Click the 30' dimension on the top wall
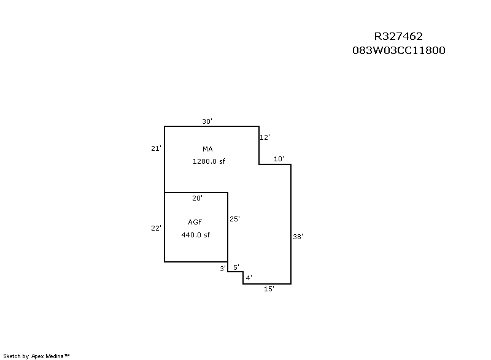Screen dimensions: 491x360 (x=207, y=121)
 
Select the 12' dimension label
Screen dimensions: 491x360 (x=265, y=137)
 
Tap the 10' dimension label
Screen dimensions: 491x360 (x=279, y=159)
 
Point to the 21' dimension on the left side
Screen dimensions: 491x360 (x=156, y=148)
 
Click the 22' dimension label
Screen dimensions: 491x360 (x=156, y=228)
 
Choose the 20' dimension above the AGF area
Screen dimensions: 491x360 (x=197, y=198)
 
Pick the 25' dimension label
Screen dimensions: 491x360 (x=234, y=219)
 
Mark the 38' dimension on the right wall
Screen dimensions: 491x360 (x=298, y=237)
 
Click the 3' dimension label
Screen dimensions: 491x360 (x=223, y=269)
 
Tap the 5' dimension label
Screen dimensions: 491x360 (x=236, y=267)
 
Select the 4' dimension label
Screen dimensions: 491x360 (x=249, y=278)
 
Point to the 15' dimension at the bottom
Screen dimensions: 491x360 (x=269, y=289)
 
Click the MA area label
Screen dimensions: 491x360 (x=207, y=149)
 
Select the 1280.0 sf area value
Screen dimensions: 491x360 (x=209, y=161)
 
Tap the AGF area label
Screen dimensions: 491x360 (x=195, y=222)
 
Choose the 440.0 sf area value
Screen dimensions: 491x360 (x=195, y=235)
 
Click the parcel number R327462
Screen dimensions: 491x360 (x=398, y=36)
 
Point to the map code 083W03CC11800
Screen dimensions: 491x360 (x=398, y=50)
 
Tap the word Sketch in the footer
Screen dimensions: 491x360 (x=12, y=356)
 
